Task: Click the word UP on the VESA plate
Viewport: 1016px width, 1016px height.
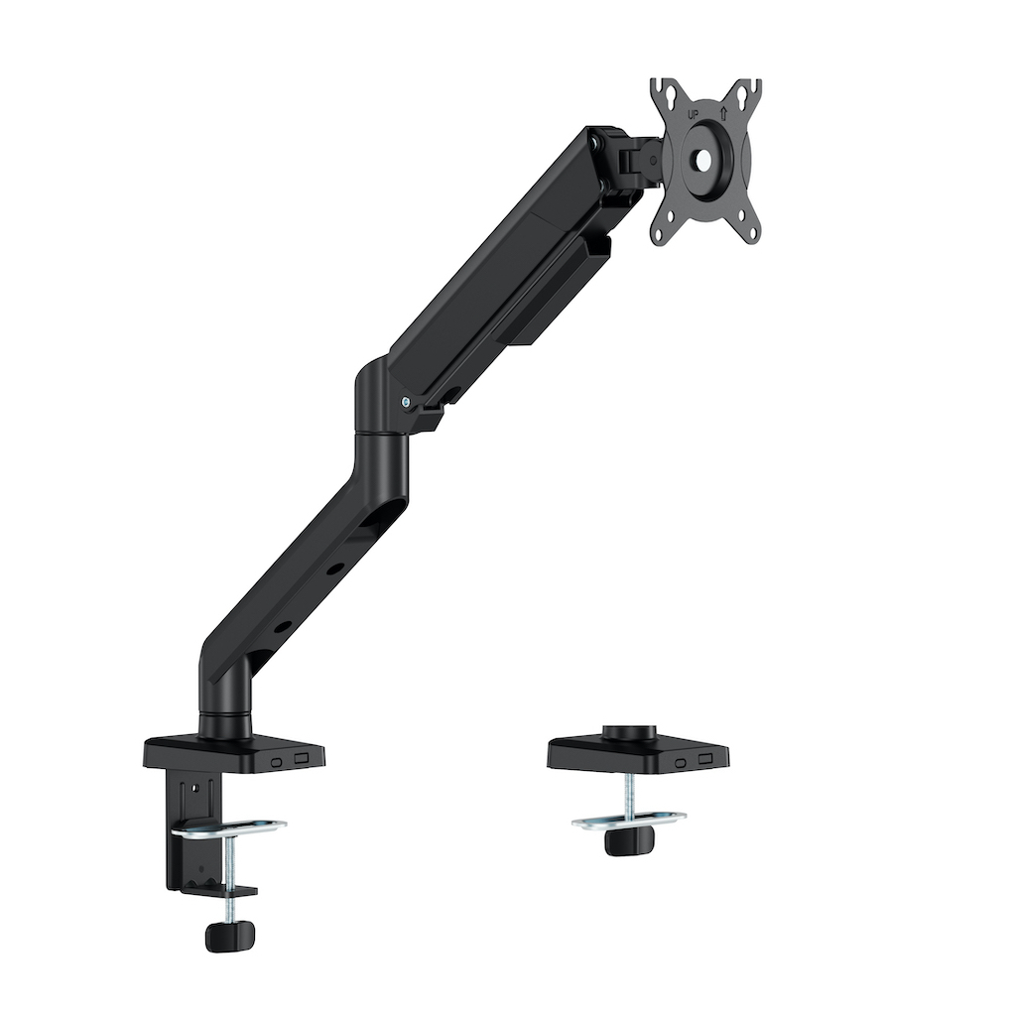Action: pos(694,115)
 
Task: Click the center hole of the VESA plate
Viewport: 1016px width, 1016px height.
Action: pos(703,157)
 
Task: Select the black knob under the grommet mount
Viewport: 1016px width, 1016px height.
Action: pos(629,841)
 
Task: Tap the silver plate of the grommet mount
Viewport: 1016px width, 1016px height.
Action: pos(629,820)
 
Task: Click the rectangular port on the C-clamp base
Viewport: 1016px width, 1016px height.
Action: pos(301,757)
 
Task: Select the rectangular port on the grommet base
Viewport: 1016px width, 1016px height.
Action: pos(705,759)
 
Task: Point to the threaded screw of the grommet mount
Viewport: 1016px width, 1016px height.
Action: pos(629,794)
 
